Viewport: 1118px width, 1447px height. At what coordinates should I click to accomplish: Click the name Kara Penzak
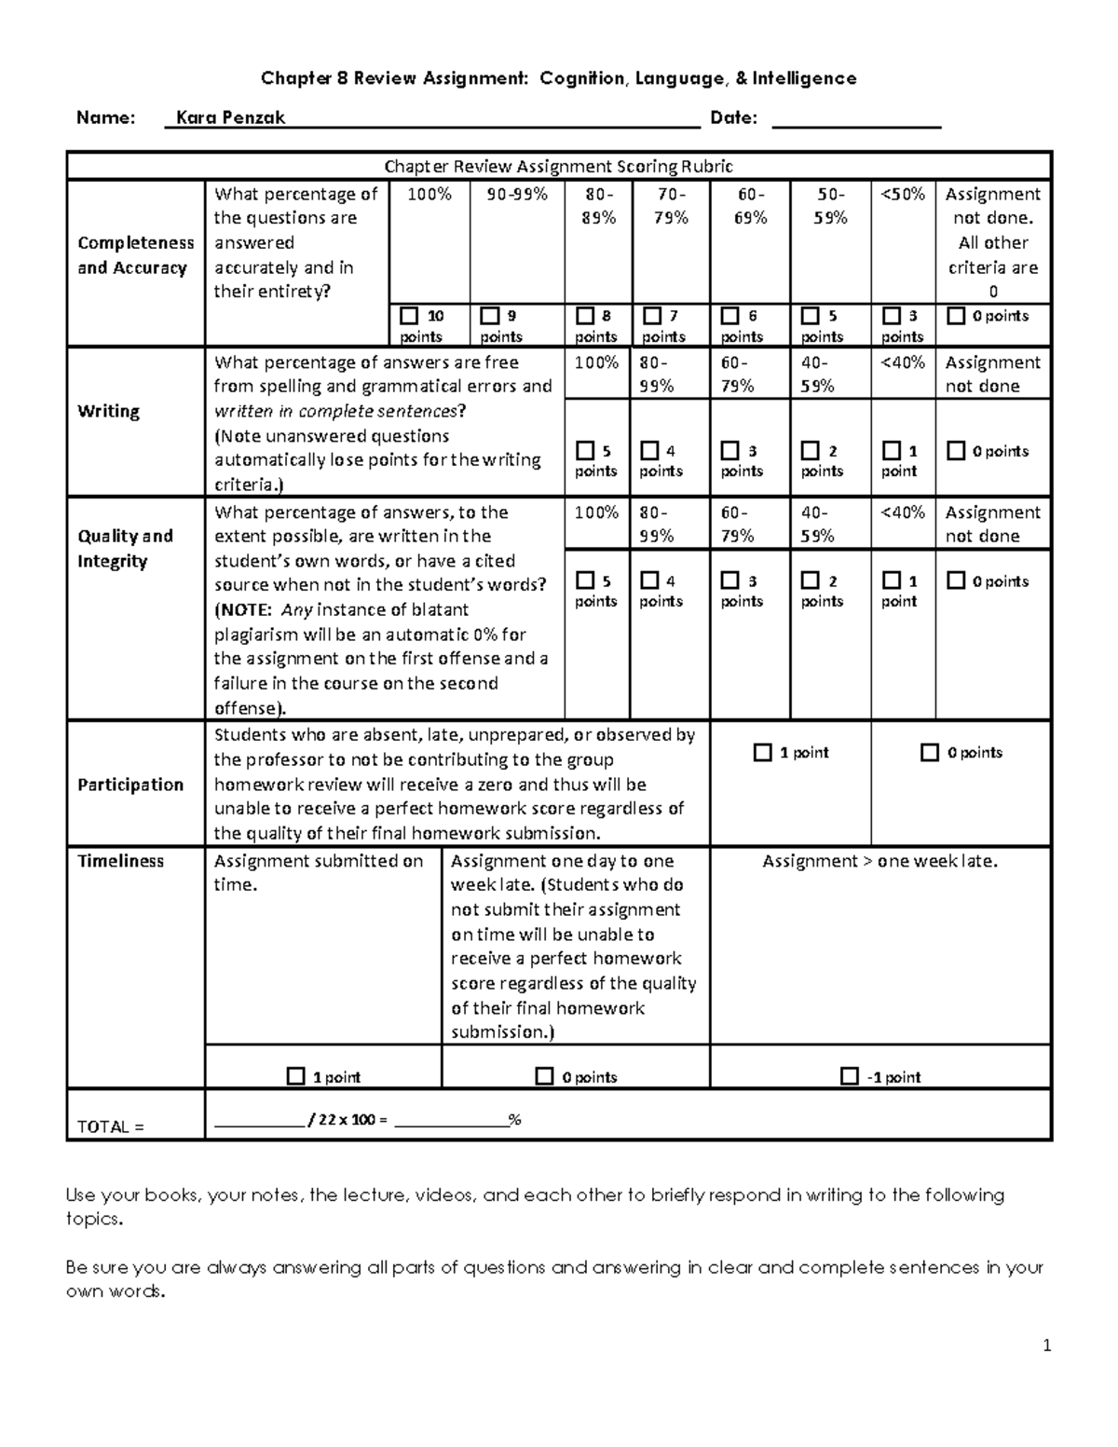pyautogui.click(x=230, y=118)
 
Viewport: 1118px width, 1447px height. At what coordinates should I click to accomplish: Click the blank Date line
pyautogui.click(x=856, y=119)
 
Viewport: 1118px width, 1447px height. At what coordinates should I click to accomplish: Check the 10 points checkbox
pyautogui.click(x=408, y=316)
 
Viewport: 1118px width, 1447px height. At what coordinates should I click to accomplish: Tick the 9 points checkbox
pyautogui.click(x=489, y=316)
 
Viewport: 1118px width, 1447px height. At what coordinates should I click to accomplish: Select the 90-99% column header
pyautogui.click(x=517, y=194)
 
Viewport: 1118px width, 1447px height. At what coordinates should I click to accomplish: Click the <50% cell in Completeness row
pyautogui.click(x=903, y=194)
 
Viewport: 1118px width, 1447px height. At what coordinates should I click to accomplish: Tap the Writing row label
pyautogui.click(x=108, y=411)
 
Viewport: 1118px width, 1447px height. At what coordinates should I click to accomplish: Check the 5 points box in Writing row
pyautogui.click(x=585, y=451)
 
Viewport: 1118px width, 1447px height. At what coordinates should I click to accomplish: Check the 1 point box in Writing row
pyautogui.click(x=892, y=451)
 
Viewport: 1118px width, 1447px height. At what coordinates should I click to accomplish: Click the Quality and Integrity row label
pyautogui.click(x=125, y=548)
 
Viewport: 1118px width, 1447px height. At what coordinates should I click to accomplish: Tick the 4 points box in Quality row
pyautogui.click(x=649, y=580)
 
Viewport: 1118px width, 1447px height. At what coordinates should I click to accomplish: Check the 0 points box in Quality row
pyautogui.click(x=955, y=580)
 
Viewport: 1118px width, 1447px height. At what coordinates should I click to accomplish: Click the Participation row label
pyautogui.click(x=130, y=785)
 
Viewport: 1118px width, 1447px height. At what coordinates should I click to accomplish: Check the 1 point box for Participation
pyautogui.click(x=762, y=752)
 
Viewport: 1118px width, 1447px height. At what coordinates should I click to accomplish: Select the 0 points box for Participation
pyautogui.click(x=929, y=752)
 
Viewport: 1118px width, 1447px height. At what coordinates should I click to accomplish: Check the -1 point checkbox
pyautogui.click(x=849, y=1076)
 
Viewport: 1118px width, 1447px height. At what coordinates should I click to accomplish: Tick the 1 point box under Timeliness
pyautogui.click(x=295, y=1076)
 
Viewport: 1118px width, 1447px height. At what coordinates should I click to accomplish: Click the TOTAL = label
pyautogui.click(x=110, y=1126)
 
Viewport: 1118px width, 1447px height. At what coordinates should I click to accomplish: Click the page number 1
pyautogui.click(x=1047, y=1345)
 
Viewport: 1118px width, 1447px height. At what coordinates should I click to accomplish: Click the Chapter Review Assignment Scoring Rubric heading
pyautogui.click(x=559, y=167)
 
